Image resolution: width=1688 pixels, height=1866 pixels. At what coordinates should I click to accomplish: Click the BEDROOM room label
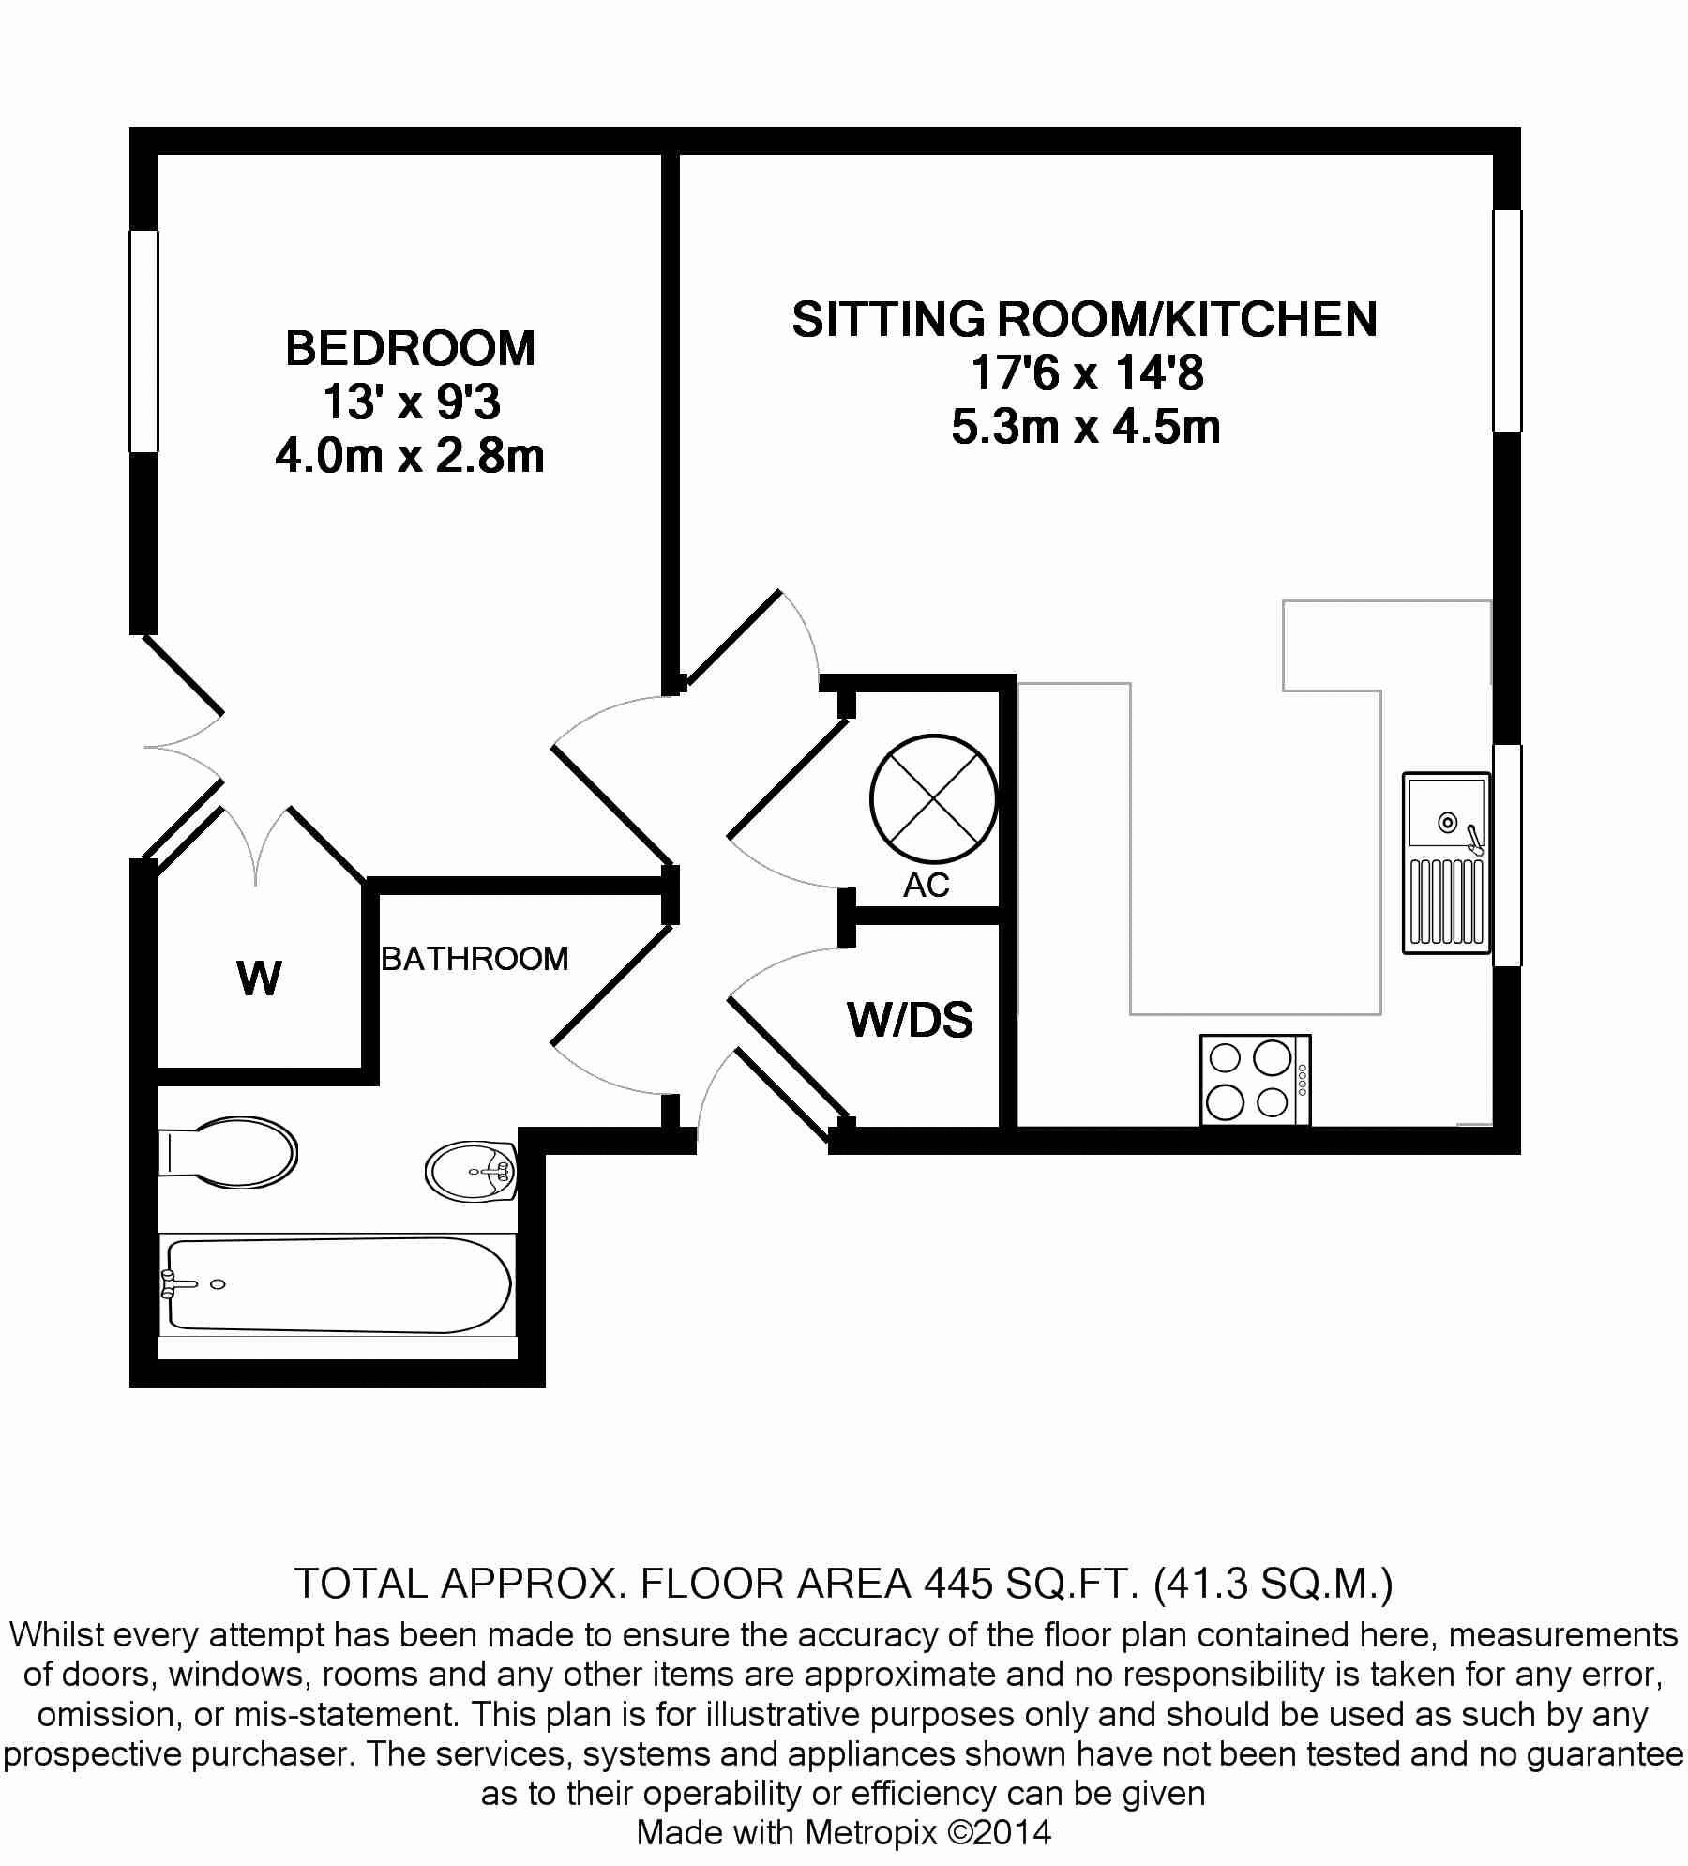click(411, 349)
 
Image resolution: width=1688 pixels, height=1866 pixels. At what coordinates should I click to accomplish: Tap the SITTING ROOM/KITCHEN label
click(1085, 320)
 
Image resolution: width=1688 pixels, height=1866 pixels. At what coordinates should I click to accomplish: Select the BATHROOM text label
click(475, 959)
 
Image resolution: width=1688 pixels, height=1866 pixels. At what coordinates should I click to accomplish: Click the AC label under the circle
click(927, 885)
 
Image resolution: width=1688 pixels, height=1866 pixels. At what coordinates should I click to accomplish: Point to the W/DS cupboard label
click(911, 1020)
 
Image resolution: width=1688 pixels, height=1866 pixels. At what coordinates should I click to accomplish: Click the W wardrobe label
click(260, 979)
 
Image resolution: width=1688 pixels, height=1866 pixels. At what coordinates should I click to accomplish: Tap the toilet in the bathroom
click(228, 1152)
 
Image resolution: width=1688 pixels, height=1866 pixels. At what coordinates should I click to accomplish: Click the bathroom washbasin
click(472, 1170)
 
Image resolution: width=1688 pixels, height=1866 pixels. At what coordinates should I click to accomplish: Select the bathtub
click(338, 1284)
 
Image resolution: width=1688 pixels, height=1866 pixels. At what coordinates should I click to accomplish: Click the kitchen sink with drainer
click(1446, 863)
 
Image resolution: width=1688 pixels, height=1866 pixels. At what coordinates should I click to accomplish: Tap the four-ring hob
click(1256, 1080)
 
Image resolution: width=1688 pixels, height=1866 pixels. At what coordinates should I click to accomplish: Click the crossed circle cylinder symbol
click(933, 798)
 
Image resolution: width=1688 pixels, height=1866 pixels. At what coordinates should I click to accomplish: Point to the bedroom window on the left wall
click(143, 341)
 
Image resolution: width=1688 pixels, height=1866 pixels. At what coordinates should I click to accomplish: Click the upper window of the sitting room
click(1507, 320)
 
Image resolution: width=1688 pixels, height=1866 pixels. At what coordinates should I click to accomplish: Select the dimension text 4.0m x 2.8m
click(410, 457)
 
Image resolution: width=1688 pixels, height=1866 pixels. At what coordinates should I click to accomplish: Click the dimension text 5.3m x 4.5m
click(1086, 427)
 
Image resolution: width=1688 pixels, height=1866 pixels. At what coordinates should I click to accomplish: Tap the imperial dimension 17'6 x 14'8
click(1087, 373)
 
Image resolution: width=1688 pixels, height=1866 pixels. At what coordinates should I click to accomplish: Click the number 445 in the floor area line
click(958, 1584)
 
